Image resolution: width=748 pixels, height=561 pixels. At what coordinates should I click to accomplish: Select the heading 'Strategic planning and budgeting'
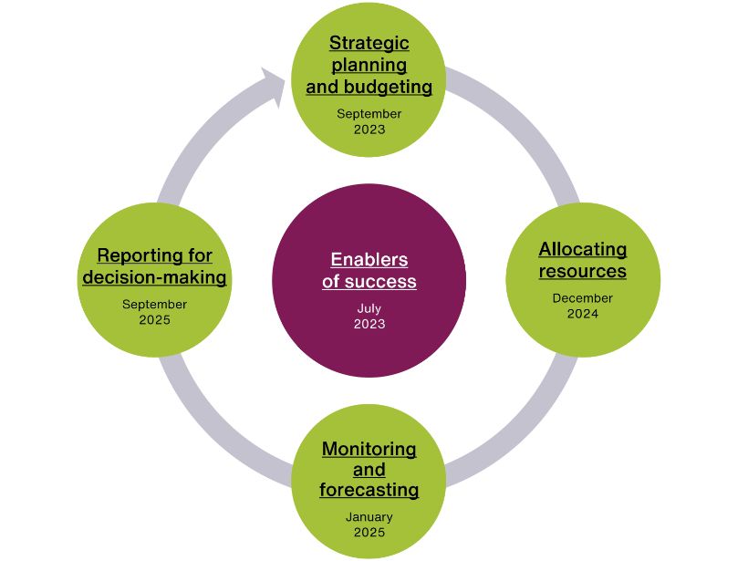tap(369, 65)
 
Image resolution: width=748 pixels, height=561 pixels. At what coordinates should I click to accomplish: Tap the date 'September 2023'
tap(369, 121)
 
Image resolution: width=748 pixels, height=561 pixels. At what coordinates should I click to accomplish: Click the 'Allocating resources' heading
tap(582, 260)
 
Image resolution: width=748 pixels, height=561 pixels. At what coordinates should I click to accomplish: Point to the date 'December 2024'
tap(582, 306)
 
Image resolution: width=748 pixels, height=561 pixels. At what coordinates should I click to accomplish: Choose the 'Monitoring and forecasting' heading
tap(369, 469)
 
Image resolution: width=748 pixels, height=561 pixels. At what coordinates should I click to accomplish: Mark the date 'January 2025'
tap(369, 525)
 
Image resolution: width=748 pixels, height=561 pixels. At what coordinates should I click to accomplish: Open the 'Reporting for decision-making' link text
tap(154, 266)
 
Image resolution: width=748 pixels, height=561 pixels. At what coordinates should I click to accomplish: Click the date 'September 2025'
tap(154, 313)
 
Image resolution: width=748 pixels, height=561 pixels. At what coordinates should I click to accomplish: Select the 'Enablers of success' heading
tap(369, 270)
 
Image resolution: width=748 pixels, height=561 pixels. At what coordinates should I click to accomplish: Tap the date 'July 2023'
tap(369, 317)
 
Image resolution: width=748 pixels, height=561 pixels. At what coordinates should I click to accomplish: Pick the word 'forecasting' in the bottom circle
tap(369, 490)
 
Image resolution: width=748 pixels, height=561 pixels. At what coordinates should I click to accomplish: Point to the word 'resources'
tap(582, 271)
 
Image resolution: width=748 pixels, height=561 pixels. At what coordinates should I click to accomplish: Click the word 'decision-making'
tap(154, 277)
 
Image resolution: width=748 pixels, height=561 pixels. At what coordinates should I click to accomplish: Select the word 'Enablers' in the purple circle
tap(369, 259)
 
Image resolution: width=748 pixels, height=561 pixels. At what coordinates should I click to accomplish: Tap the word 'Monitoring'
tap(369, 449)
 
